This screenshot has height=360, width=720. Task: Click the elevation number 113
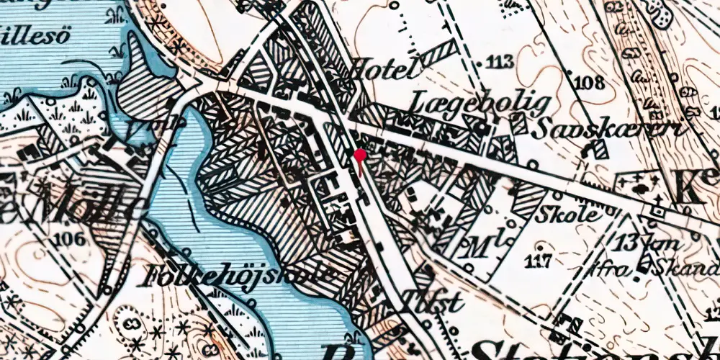pyautogui.click(x=500, y=62)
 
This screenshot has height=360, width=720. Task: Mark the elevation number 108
pyautogui.click(x=589, y=82)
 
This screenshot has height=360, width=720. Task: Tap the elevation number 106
pyautogui.click(x=71, y=238)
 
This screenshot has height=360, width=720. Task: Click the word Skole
pyautogui.click(x=577, y=215)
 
